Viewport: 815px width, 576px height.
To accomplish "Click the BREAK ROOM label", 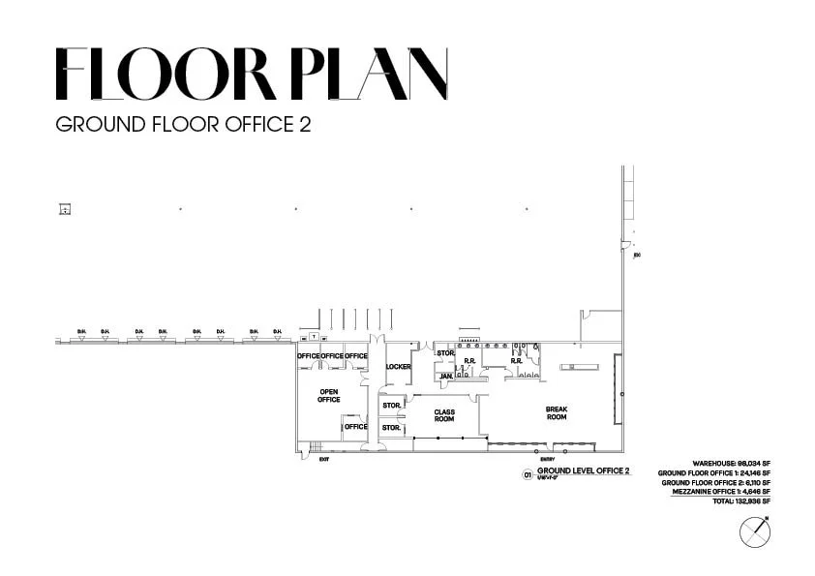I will click(x=557, y=413).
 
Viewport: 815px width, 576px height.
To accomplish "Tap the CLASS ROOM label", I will click(x=444, y=415).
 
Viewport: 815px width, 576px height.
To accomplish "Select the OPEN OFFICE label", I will click(x=329, y=395).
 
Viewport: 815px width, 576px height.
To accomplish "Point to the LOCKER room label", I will click(x=398, y=367).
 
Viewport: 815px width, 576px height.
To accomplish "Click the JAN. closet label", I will click(x=446, y=376).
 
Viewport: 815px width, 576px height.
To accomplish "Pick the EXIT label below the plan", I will click(x=324, y=459).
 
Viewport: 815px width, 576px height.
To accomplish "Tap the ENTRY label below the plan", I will click(x=549, y=459).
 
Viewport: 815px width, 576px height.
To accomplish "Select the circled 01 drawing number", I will click(x=528, y=474).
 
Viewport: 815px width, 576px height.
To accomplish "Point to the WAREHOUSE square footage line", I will click(x=731, y=464).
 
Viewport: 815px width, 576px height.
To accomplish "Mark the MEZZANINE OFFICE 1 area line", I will click(x=721, y=492).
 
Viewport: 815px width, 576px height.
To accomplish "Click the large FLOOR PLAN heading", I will click(x=252, y=75).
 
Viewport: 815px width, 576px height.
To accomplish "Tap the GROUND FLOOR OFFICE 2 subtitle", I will click(x=183, y=125).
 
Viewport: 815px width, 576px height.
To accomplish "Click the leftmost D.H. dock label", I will click(x=81, y=332).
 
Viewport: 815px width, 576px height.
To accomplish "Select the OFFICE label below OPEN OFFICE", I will click(x=356, y=427).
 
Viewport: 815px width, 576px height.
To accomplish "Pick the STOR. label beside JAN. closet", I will click(x=445, y=353).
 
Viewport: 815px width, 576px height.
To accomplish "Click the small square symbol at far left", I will click(x=65, y=209).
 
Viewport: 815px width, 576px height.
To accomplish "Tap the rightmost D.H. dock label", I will click(x=277, y=332).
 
